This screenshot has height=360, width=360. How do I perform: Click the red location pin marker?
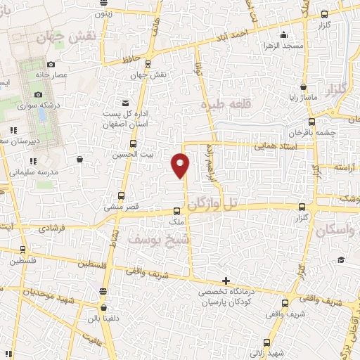(181, 164)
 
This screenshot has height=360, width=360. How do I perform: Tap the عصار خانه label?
(71, 73)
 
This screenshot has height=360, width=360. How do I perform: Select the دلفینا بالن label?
(104, 316)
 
